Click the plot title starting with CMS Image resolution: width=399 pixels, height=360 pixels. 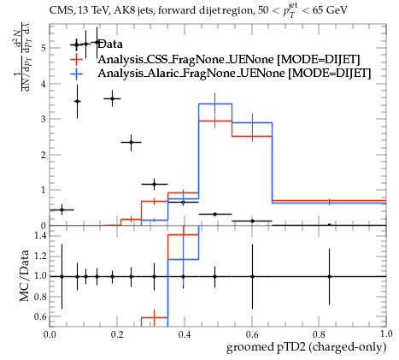click(x=198, y=11)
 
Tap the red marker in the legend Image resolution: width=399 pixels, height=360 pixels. click(x=76, y=59)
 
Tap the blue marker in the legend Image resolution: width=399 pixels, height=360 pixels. click(x=76, y=74)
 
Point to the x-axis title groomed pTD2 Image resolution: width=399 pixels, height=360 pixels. click(x=306, y=347)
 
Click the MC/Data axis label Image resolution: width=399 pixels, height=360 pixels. click(x=24, y=275)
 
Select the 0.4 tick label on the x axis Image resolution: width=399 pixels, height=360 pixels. click(x=185, y=333)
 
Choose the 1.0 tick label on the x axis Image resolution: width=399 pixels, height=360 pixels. click(x=386, y=333)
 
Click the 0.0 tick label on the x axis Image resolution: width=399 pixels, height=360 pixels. click(x=50, y=333)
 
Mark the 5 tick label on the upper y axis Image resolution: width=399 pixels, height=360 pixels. click(x=43, y=48)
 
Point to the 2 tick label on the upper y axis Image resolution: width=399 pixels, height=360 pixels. click(x=43, y=155)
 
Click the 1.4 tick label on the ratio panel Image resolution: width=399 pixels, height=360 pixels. click(x=40, y=235)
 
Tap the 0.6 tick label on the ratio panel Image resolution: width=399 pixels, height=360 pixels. click(x=40, y=316)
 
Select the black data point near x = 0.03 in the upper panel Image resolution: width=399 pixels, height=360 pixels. click(x=62, y=210)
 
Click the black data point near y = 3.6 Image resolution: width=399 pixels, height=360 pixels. click(x=112, y=98)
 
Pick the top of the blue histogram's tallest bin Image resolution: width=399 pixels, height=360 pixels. click(x=215, y=103)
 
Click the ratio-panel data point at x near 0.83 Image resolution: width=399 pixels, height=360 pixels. click(x=329, y=276)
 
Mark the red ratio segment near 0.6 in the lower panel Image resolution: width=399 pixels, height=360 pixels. click(x=155, y=317)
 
